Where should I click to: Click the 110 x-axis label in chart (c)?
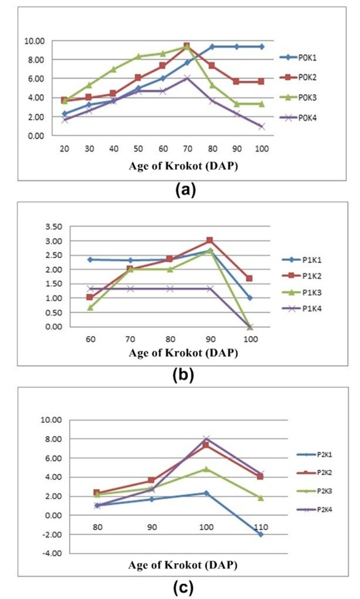click(x=260, y=525)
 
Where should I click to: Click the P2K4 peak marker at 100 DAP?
click(x=206, y=439)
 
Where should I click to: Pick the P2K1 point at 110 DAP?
click(x=260, y=534)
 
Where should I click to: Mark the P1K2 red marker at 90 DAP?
click(x=210, y=241)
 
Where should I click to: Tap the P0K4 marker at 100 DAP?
click(x=261, y=127)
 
